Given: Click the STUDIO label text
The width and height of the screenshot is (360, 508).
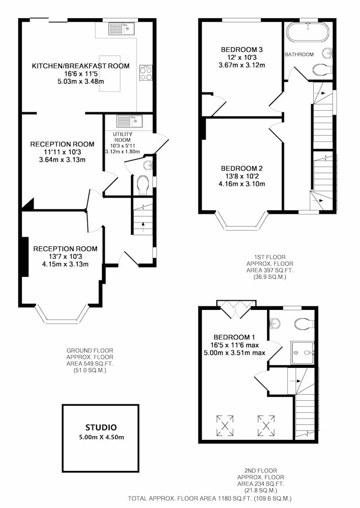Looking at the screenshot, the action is [x=101, y=427].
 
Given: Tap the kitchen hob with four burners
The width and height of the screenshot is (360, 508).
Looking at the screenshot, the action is [x=146, y=73].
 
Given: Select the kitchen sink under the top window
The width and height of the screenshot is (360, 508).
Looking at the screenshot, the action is [x=121, y=28].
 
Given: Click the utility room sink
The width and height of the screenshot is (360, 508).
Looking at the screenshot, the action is [x=129, y=121].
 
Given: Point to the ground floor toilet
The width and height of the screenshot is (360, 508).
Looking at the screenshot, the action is [x=143, y=185].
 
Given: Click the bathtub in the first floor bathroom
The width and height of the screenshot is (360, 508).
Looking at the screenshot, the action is [x=308, y=31].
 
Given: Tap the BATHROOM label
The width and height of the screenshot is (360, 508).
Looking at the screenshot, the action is [x=299, y=54].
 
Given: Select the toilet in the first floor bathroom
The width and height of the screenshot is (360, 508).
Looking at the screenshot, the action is [x=322, y=69].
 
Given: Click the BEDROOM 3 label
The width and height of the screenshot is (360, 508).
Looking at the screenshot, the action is [x=242, y=50].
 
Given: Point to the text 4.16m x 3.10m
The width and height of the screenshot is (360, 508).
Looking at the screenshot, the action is [x=242, y=184].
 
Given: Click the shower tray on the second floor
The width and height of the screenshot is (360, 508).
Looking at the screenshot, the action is [x=303, y=353].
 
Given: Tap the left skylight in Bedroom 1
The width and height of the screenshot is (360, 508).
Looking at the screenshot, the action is [x=225, y=425].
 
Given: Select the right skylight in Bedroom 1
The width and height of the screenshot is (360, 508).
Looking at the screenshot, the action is [x=267, y=425].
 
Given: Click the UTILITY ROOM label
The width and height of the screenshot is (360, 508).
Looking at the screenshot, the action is [x=122, y=137].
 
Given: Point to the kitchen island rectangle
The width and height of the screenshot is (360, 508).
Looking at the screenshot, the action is [x=110, y=74].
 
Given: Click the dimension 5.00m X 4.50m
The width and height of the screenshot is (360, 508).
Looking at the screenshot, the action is [x=102, y=437].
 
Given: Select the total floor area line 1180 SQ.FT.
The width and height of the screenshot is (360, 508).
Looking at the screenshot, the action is [x=210, y=498].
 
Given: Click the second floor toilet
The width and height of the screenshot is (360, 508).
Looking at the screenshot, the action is [x=304, y=323].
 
